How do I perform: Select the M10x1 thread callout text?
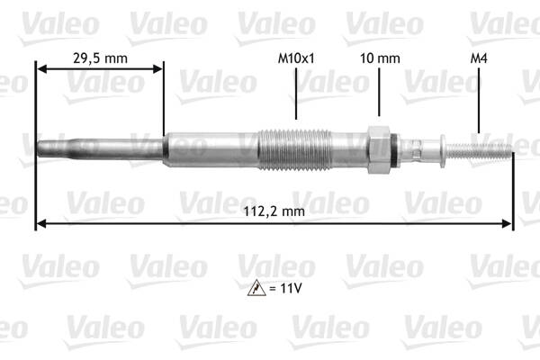tap(296, 58)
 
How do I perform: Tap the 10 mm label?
tap(378, 58)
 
